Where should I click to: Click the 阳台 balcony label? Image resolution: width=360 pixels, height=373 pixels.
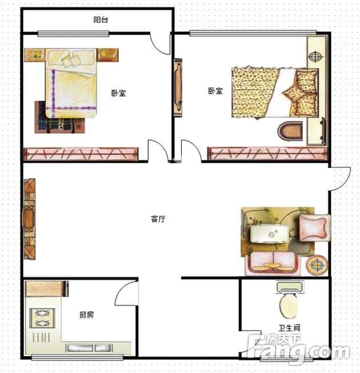101,19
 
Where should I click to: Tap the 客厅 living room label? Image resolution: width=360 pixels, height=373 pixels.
158,219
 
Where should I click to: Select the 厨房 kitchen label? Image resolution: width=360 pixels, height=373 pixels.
86,315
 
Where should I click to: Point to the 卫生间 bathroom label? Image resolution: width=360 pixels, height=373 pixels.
289,328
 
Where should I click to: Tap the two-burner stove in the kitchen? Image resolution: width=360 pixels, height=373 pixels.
42,318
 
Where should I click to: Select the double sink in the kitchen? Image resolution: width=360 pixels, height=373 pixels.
89,348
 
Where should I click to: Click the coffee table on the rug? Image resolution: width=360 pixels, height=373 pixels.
269,234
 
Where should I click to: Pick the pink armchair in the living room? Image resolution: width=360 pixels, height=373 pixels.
314,228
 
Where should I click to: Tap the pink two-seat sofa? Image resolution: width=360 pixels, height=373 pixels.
273,263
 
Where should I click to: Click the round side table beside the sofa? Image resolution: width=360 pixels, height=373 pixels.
317,265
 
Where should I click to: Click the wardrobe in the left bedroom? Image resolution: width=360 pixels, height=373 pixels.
81,154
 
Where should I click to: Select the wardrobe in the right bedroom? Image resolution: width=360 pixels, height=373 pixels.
267,153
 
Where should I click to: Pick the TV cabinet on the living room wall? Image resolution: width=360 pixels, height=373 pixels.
30,219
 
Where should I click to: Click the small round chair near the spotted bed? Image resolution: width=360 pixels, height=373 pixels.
290,131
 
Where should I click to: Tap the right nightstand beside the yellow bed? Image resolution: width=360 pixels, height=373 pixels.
108,55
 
